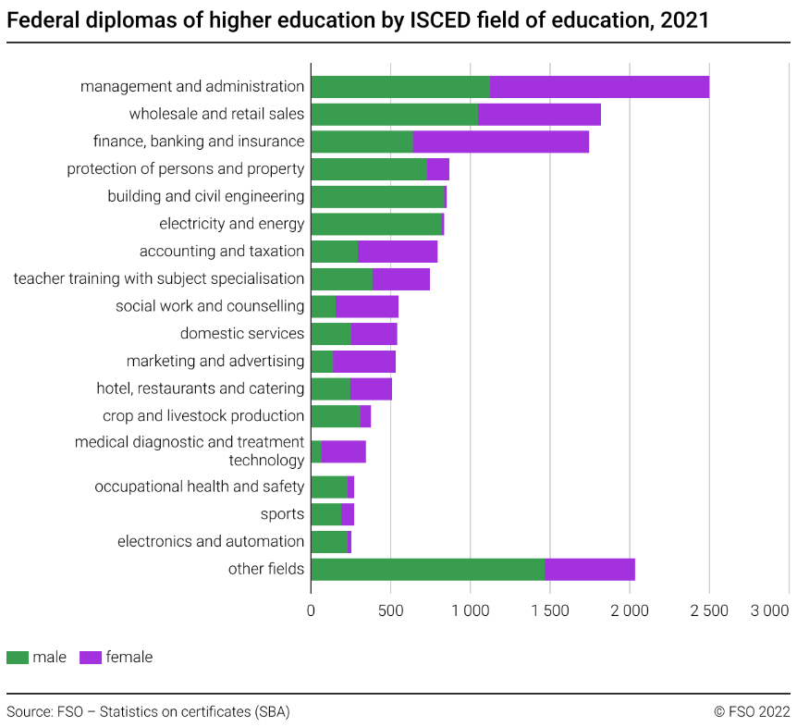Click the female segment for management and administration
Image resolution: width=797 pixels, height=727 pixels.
coord(599,87)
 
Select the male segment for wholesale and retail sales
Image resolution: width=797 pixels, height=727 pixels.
coord(395,115)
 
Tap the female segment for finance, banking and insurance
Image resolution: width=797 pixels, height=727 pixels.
coord(500,142)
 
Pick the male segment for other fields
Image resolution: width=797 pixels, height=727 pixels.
coord(428,570)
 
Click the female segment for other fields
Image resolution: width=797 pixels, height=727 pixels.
coord(590,570)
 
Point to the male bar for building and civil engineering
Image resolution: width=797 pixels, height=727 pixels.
coord(377,197)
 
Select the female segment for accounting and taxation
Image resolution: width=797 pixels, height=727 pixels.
coord(398,252)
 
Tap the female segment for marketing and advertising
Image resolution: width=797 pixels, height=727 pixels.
coord(363,362)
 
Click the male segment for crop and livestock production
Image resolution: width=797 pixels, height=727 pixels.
coord(335,416)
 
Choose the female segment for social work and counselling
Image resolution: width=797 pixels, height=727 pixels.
coord(367,306)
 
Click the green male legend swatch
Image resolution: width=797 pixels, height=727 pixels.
coord(17,658)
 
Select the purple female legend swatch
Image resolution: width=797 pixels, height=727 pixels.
coord(91,658)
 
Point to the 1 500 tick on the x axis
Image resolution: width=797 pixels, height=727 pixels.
coord(550,611)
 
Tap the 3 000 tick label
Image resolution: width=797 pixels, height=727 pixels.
coord(769,611)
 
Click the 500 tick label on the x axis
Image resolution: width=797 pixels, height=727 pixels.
coord(390,611)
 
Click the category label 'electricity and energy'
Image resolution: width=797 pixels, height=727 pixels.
coord(231,224)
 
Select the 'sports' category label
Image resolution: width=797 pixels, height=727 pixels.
coord(282,514)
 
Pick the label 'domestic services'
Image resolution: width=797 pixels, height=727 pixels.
coord(242,334)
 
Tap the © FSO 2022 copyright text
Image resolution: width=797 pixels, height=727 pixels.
coord(752,711)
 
